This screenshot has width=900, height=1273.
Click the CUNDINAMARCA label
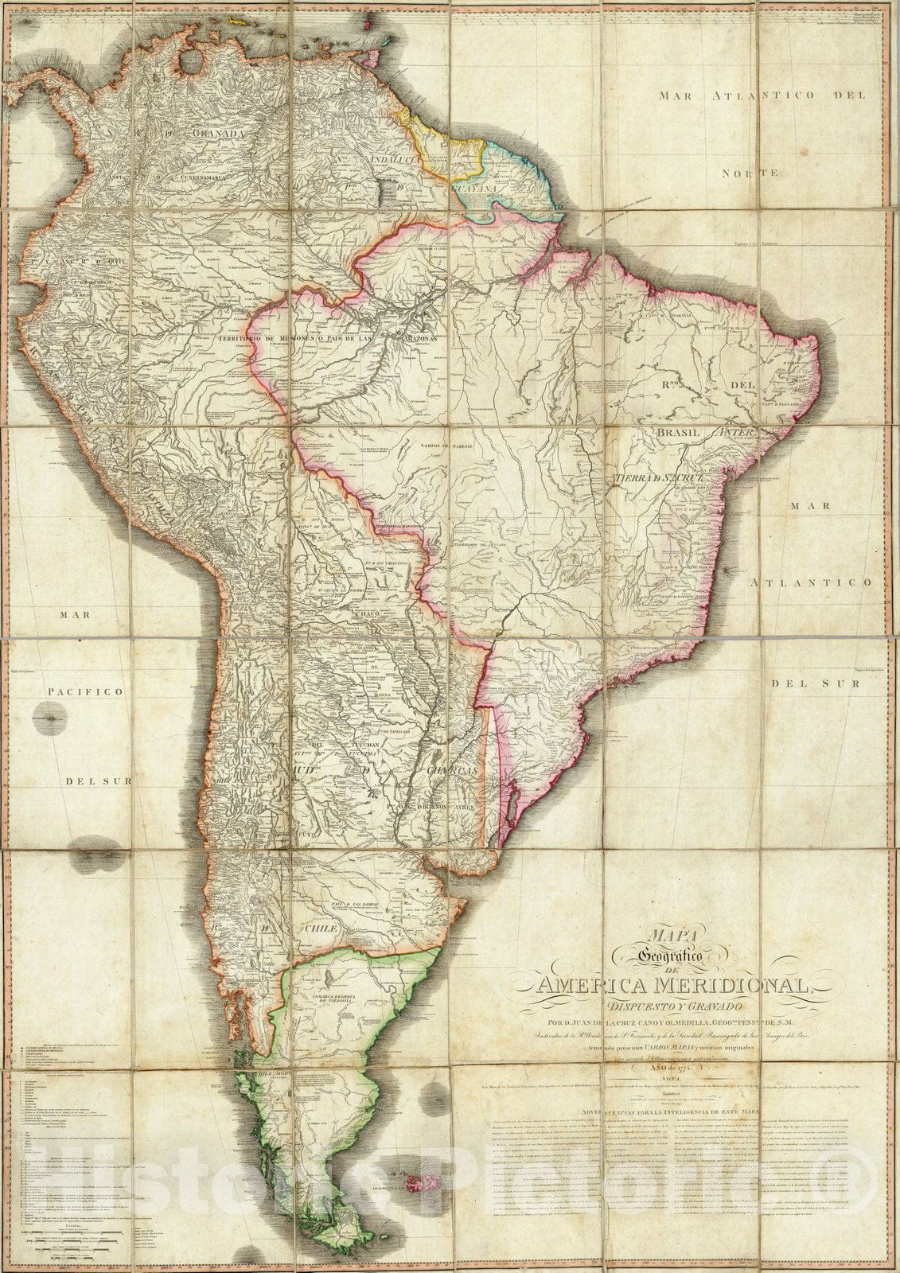[x=210, y=177]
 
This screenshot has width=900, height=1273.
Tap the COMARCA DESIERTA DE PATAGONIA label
[x=328, y=983]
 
